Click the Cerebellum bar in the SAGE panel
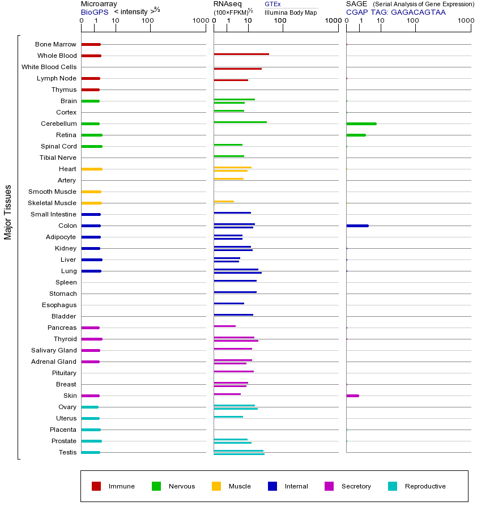pyautogui.click(x=361, y=124)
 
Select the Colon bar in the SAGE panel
pyautogui.click(x=357, y=226)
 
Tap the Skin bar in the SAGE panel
pyautogui.click(x=352, y=396)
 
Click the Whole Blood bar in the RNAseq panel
pyautogui.click(x=241, y=54)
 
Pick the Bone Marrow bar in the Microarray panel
pyautogui.click(x=91, y=44)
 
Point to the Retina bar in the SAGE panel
pyautogui.click(x=356, y=135)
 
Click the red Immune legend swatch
pyautogui.click(x=96, y=486)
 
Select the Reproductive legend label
pyautogui.click(x=425, y=486)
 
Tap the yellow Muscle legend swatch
pyautogui.click(x=216, y=486)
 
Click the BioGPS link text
pyautogui.click(x=93, y=12)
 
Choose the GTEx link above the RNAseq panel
pyautogui.click(x=272, y=4)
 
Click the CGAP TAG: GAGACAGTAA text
pyautogui.click(x=396, y=12)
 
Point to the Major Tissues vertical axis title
pyautogui.click(x=8, y=212)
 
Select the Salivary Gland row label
pyautogui.click(x=54, y=350)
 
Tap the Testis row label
pyautogui.click(x=67, y=452)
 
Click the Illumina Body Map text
pyautogui.click(x=291, y=12)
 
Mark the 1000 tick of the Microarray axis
pyautogui.click(x=199, y=21)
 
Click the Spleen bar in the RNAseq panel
pyautogui.click(x=235, y=280)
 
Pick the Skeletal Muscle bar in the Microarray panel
pyautogui.click(x=91, y=203)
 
